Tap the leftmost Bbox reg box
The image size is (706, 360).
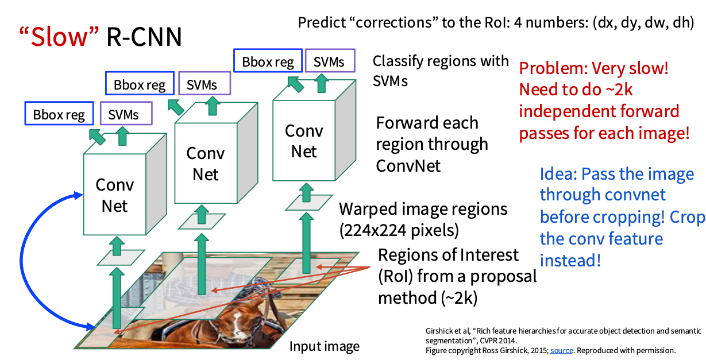(x=59, y=114)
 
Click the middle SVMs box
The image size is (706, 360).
(x=202, y=85)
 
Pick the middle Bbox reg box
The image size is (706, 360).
(x=140, y=86)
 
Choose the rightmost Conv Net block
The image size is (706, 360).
(x=304, y=141)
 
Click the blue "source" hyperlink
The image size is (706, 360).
(x=561, y=350)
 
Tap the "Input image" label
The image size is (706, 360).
(x=324, y=346)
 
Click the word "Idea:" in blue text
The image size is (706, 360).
(x=557, y=173)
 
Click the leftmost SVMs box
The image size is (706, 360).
(x=124, y=114)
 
